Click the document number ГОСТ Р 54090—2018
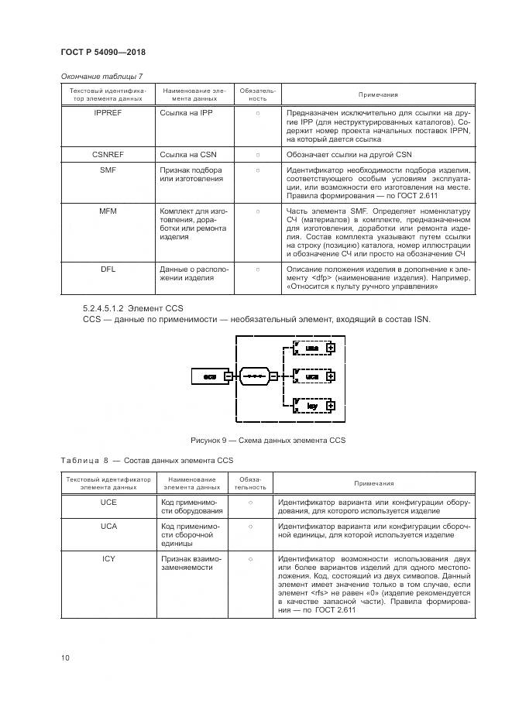[103, 53]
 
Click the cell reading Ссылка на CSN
[187, 155]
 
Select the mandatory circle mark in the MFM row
[257, 211]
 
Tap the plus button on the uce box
[331, 348]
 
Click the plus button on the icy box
[331, 405]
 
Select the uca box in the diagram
[311, 376]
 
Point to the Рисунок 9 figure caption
[267, 441]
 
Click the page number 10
[66, 658]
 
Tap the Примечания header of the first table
[378, 94]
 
